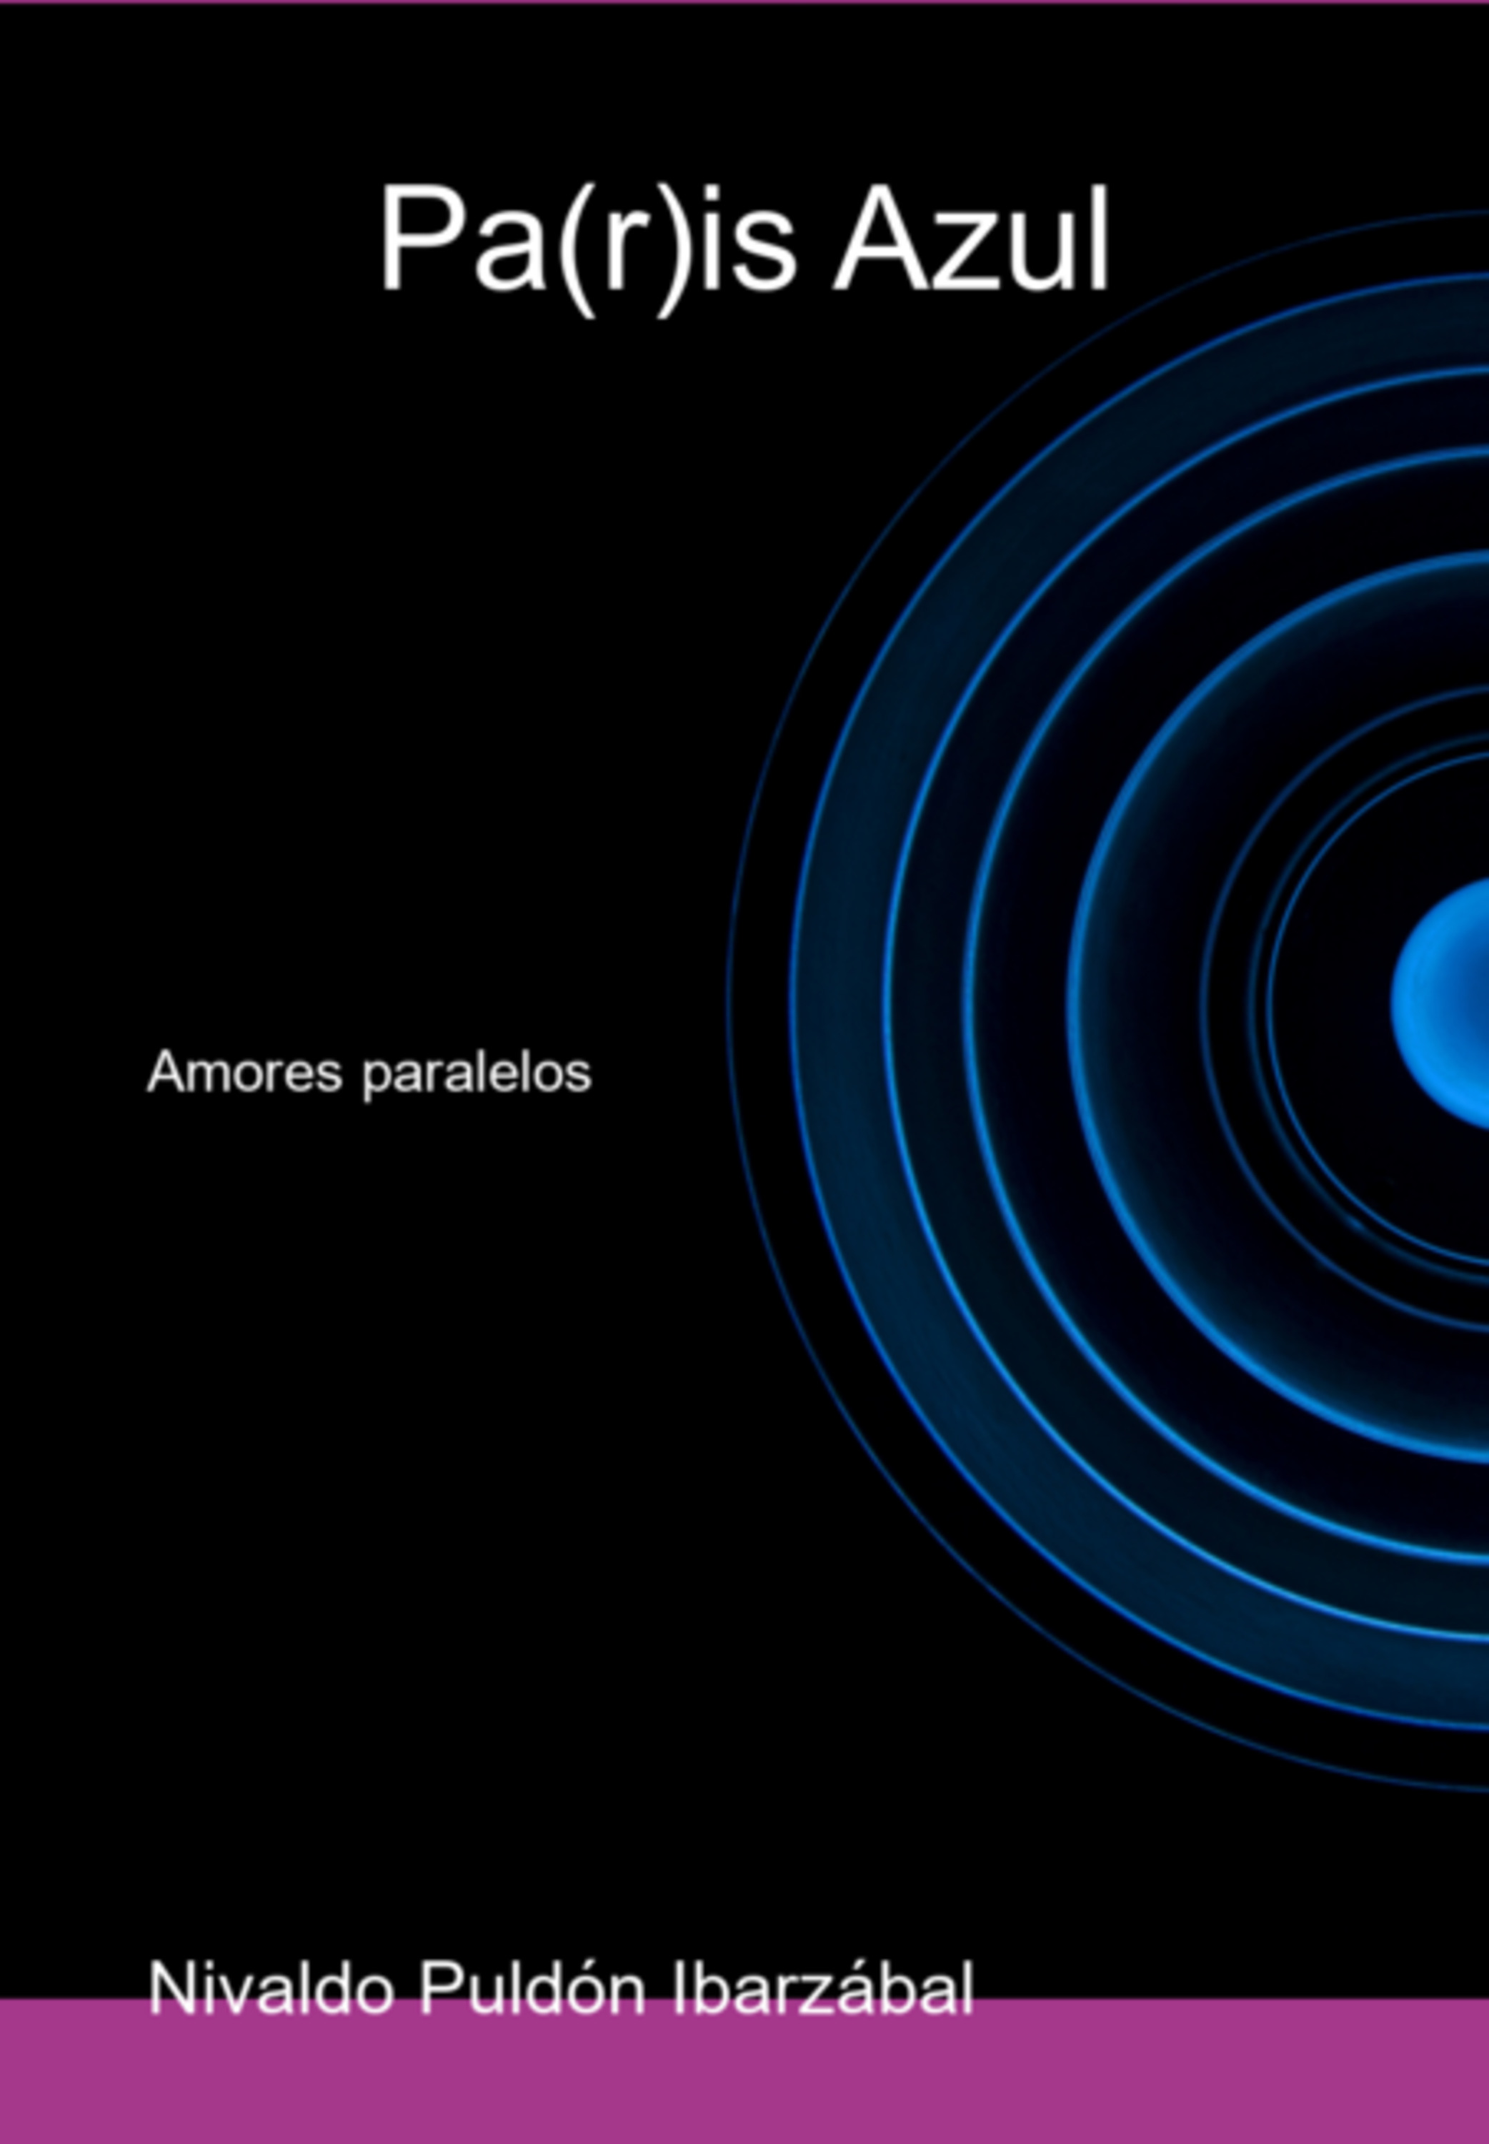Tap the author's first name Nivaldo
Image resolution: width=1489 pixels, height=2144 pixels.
(271, 1988)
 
